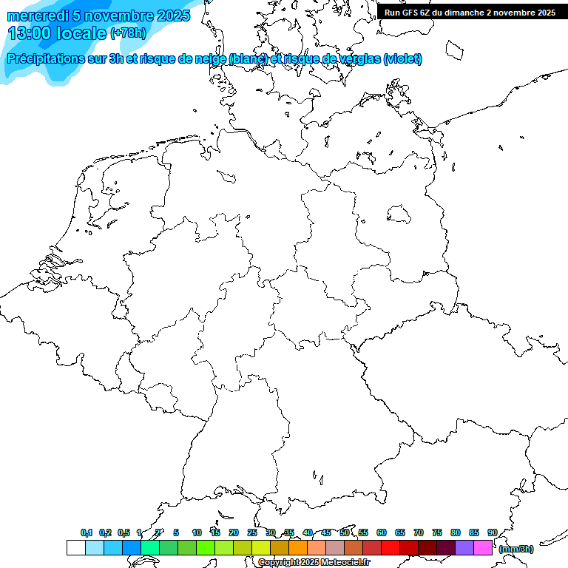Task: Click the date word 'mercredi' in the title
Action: click(38, 16)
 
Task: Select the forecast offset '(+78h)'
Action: click(128, 33)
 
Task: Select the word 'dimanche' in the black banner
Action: click(465, 13)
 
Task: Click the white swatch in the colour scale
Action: click(76, 548)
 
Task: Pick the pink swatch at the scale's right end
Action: click(483, 548)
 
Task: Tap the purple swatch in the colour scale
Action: click(464, 548)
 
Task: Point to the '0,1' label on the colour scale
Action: click(87, 533)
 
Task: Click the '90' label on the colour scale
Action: click(492, 533)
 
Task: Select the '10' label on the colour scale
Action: click(196, 533)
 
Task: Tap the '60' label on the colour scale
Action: click(381, 533)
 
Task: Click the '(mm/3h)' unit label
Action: click(515, 549)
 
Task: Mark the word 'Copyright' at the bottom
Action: click(279, 563)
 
